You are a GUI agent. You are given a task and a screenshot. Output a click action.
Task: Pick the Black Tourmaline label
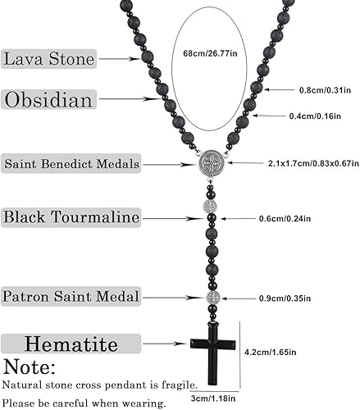point(71,217)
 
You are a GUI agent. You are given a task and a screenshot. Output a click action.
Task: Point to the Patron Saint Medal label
point(71,296)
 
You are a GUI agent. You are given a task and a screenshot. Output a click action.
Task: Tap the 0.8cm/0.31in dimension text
point(321,89)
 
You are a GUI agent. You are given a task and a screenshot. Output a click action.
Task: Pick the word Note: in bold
point(30,367)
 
